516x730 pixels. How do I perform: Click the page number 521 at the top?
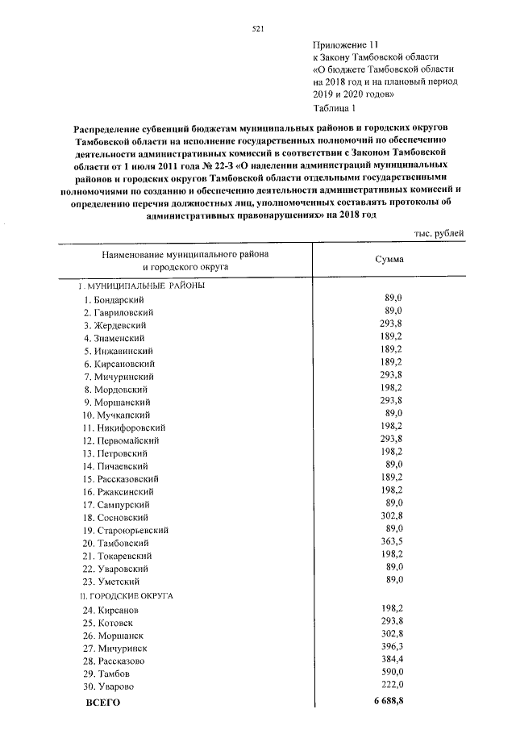258,28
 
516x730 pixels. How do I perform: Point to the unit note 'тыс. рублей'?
439,233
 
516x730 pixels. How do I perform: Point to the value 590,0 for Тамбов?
390,672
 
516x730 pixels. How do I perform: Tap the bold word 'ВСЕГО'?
102,703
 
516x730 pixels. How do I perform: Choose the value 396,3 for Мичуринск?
390,646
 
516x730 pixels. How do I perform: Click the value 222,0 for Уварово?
390,685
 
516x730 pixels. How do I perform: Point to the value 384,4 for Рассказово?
390,659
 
